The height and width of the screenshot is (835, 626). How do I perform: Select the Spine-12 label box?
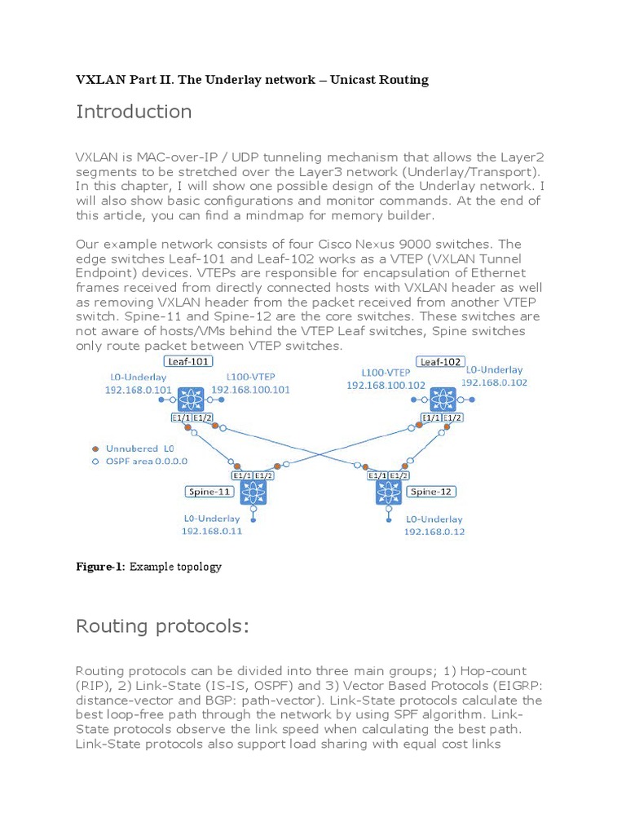pos(431,492)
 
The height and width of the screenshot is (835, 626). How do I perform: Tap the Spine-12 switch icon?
pos(389,492)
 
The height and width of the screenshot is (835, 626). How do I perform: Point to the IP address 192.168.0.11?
pos(212,531)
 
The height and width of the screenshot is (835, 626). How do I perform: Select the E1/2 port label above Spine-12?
pos(399,475)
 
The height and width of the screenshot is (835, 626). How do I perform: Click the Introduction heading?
pos(134,112)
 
